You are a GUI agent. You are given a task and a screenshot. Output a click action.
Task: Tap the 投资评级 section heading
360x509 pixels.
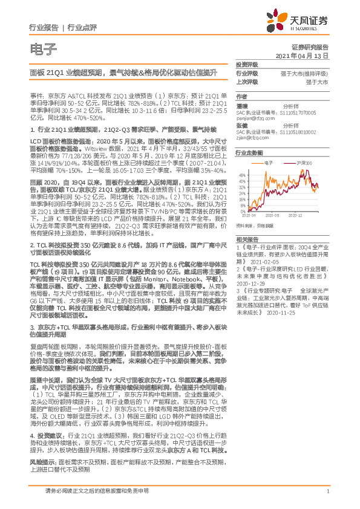[246, 64]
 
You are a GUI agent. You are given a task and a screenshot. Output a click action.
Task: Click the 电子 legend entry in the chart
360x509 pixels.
[270, 163]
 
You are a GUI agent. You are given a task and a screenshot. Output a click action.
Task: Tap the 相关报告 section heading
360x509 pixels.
[246, 240]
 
